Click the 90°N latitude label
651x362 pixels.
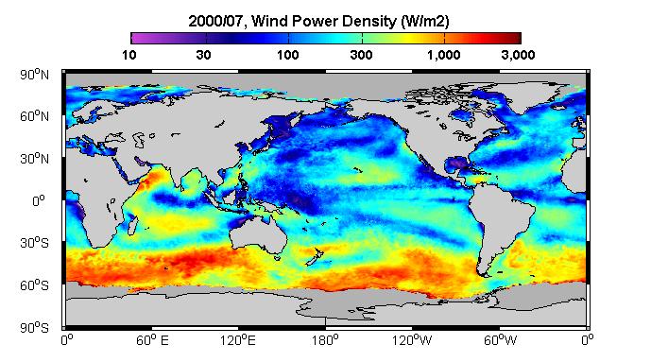(34, 75)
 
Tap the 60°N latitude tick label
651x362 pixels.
(34, 116)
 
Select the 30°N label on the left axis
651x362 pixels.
(34, 159)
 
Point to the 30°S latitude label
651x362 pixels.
(34, 243)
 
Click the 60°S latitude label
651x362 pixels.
(34, 285)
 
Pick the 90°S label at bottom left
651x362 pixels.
(34, 328)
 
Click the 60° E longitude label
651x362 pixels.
(152, 340)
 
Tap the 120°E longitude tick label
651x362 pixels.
(238, 340)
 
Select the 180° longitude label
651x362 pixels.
(325, 340)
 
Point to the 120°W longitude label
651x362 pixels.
(412, 340)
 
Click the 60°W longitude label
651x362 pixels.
(500, 340)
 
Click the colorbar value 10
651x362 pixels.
(129, 55)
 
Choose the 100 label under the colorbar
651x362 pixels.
(288, 55)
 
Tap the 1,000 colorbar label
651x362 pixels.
(444, 55)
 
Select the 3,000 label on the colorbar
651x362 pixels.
(518, 55)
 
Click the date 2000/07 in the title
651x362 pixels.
(215, 21)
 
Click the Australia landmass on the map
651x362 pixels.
(259, 235)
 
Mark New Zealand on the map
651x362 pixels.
(314, 257)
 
